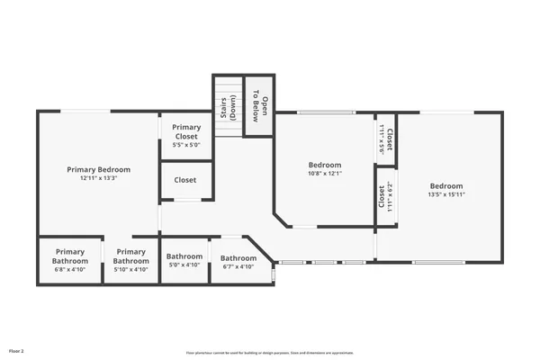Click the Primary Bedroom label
(x=99, y=169)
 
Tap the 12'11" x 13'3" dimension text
(x=99, y=178)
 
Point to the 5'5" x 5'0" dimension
(x=186, y=144)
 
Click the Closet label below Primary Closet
(x=185, y=180)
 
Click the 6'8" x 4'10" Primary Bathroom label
(x=69, y=256)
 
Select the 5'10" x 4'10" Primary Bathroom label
(x=130, y=256)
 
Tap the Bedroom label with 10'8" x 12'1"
(x=325, y=165)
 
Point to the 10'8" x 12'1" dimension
(x=325, y=174)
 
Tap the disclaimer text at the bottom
(x=269, y=353)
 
